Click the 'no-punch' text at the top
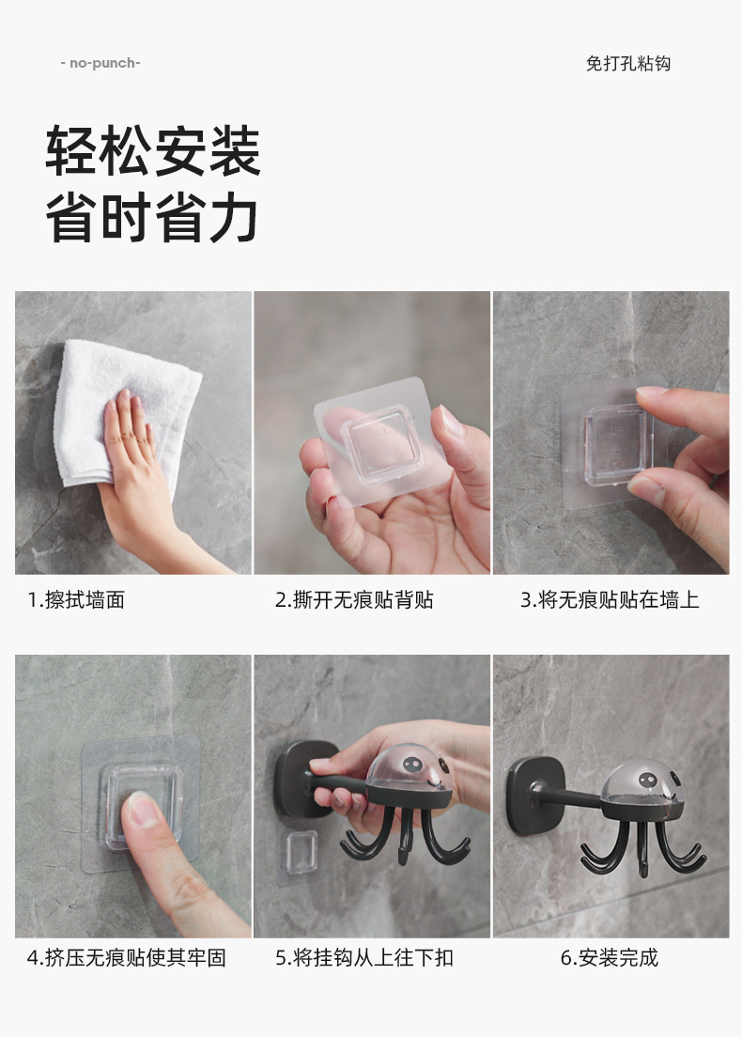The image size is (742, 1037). click(100, 64)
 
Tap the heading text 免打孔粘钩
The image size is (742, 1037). click(628, 64)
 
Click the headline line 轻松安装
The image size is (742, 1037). click(153, 151)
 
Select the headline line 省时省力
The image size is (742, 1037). click(152, 218)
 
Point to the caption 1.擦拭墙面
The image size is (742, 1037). click(76, 600)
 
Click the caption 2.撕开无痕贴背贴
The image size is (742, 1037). click(354, 600)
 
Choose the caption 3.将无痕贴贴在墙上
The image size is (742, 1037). click(610, 600)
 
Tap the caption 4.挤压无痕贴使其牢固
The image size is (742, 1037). click(126, 957)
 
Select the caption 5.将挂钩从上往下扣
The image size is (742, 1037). click(364, 957)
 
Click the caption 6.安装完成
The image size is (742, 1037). click(610, 957)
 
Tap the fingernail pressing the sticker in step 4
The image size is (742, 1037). click(143, 809)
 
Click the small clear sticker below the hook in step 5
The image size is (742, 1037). click(301, 853)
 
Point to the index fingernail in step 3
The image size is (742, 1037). click(652, 391)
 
